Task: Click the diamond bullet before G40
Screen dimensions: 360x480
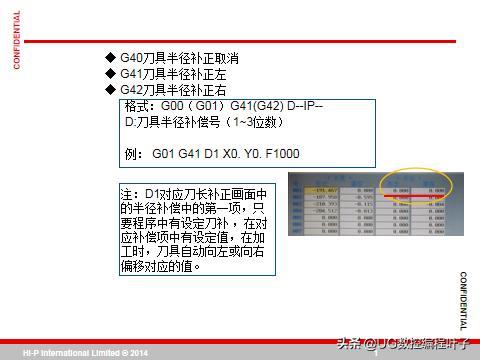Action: click(x=111, y=56)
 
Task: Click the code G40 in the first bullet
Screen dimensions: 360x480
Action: click(x=131, y=56)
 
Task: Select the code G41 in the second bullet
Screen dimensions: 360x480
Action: click(x=131, y=73)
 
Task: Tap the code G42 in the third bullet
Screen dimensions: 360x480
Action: click(x=131, y=89)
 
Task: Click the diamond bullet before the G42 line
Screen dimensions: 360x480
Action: click(x=111, y=89)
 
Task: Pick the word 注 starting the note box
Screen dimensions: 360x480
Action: click(x=126, y=192)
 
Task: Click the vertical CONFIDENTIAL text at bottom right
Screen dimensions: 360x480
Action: click(x=463, y=300)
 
